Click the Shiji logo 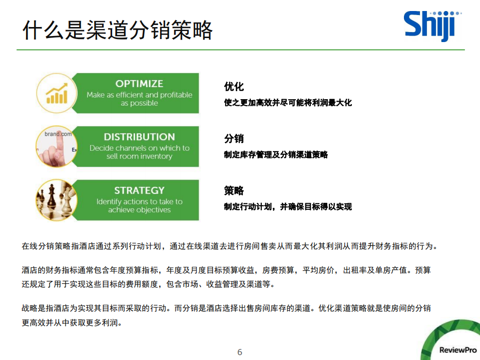[x=429, y=25]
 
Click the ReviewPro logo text [x=457, y=350]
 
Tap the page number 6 [x=240, y=352]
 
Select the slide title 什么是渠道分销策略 [x=118, y=30]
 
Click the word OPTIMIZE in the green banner [x=139, y=84]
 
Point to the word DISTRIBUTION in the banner [x=139, y=137]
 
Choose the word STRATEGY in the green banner [x=139, y=190]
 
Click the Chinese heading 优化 [x=234, y=87]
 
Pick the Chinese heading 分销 [x=234, y=139]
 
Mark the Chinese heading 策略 [x=234, y=191]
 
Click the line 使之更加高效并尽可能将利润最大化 [x=288, y=103]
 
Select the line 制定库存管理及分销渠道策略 [x=276, y=155]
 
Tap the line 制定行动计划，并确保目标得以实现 [x=288, y=206]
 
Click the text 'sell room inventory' [x=139, y=156]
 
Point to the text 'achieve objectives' [x=139, y=210]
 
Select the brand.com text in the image [x=58, y=134]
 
